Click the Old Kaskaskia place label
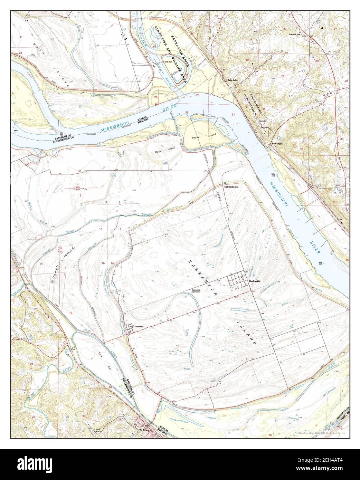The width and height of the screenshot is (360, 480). click(x=231, y=187)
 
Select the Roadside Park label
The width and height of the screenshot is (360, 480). click(x=296, y=35)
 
